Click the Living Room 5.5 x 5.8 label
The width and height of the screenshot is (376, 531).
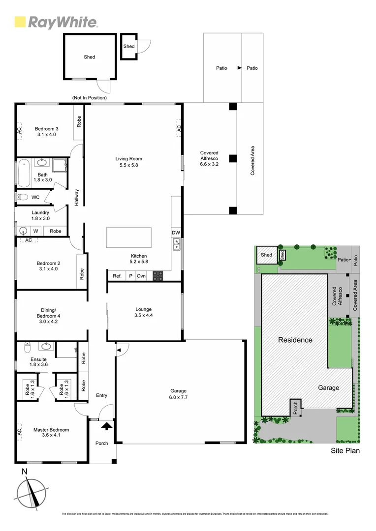click(x=129, y=162)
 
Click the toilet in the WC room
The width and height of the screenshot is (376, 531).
click(x=23, y=197)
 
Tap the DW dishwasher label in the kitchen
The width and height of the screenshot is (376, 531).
click(x=175, y=233)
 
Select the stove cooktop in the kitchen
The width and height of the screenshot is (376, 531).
click(x=158, y=276)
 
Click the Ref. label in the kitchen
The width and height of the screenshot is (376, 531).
click(x=117, y=276)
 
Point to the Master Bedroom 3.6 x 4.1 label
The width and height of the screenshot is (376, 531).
click(x=51, y=433)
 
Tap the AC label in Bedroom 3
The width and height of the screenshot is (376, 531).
click(x=20, y=130)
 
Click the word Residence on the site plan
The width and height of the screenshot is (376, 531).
click(x=295, y=340)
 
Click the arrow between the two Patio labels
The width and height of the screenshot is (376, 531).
click(x=239, y=68)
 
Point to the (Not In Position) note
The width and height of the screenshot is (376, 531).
click(x=89, y=98)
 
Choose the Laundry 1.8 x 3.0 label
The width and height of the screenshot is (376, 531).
click(x=40, y=215)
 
